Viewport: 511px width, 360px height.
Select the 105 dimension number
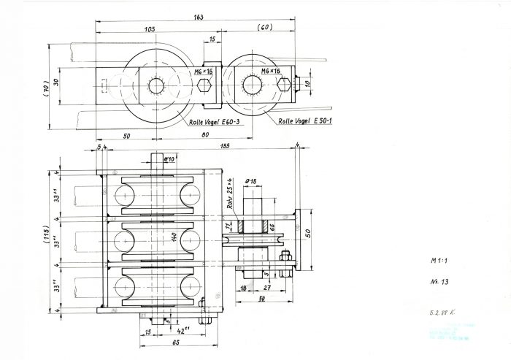(x=150, y=30)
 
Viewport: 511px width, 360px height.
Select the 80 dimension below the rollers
(x=204, y=136)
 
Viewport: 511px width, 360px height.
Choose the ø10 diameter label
(x=169, y=158)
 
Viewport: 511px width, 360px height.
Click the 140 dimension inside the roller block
(x=174, y=238)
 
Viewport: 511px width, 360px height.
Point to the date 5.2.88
(x=440, y=312)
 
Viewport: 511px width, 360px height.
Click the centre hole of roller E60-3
(x=156, y=86)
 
